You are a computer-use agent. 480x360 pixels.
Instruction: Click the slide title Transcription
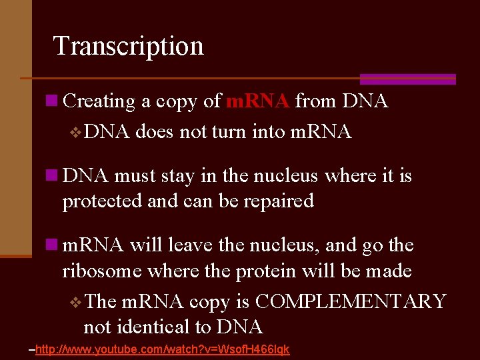click(128, 46)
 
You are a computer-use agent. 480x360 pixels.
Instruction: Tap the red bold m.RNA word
click(257, 101)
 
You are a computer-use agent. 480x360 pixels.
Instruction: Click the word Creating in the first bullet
click(99, 101)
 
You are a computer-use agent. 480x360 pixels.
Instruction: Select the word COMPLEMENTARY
click(350, 301)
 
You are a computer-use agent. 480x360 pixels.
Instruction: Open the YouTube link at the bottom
click(162, 350)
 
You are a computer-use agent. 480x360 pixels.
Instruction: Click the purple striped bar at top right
click(407, 79)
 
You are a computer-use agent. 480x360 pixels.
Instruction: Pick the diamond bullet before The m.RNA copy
click(74, 302)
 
